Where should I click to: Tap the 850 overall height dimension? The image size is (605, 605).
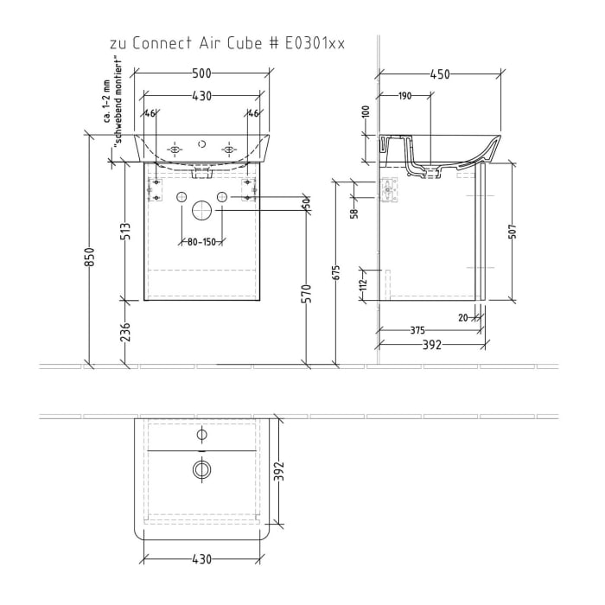90,258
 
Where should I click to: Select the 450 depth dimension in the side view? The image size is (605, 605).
441,75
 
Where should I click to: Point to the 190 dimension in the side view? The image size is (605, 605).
404,96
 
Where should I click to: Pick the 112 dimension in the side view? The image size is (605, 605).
364,281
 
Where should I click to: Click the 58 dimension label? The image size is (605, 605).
354,213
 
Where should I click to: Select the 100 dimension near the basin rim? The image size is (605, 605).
366,113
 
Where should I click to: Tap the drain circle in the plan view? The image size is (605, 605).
202,469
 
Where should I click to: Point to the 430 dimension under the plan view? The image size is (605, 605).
201,561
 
